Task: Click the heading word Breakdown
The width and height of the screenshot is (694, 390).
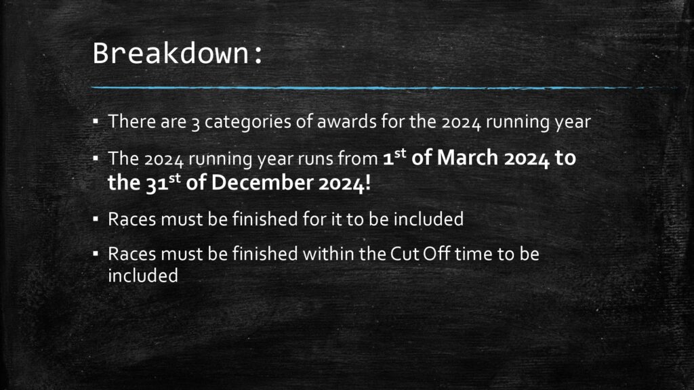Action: [171, 53]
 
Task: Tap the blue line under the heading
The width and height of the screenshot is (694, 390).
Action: [384, 88]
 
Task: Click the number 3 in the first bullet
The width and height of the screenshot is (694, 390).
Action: [195, 123]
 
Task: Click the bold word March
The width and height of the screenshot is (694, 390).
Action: [468, 158]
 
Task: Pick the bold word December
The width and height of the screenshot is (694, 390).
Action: [262, 183]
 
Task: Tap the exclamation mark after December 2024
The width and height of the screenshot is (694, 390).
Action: [367, 183]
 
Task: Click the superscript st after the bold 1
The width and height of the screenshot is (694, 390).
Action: [400, 153]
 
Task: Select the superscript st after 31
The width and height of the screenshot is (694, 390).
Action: [174, 178]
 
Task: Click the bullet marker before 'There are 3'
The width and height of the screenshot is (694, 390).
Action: [96, 121]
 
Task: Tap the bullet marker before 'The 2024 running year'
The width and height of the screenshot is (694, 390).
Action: [96, 157]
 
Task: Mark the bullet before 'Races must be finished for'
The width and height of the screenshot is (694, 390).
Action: [96, 219]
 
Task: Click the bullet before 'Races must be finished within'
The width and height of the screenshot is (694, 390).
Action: [96, 253]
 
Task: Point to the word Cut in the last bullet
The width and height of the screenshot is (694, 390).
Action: [405, 254]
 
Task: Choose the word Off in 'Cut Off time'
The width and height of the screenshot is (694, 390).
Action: [436, 254]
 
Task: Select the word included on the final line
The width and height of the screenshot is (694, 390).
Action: [143, 276]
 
